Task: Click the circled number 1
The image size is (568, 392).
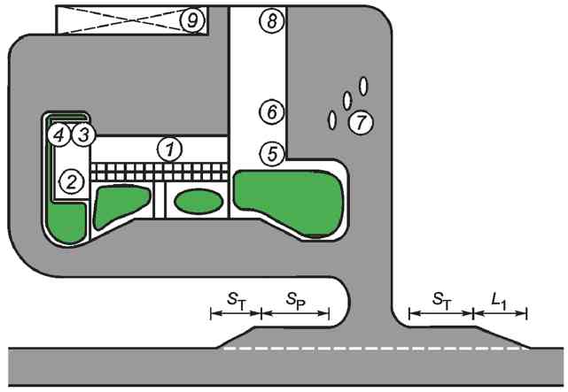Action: [x=168, y=150]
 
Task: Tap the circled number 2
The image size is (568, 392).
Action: [x=70, y=182]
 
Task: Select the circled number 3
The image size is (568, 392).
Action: [x=82, y=135]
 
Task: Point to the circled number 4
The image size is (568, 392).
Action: [x=59, y=135]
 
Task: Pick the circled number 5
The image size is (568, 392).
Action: [x=272, y=153]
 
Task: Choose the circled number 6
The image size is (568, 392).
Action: [x=271, y=111]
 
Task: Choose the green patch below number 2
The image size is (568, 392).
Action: [x=68, y=222]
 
